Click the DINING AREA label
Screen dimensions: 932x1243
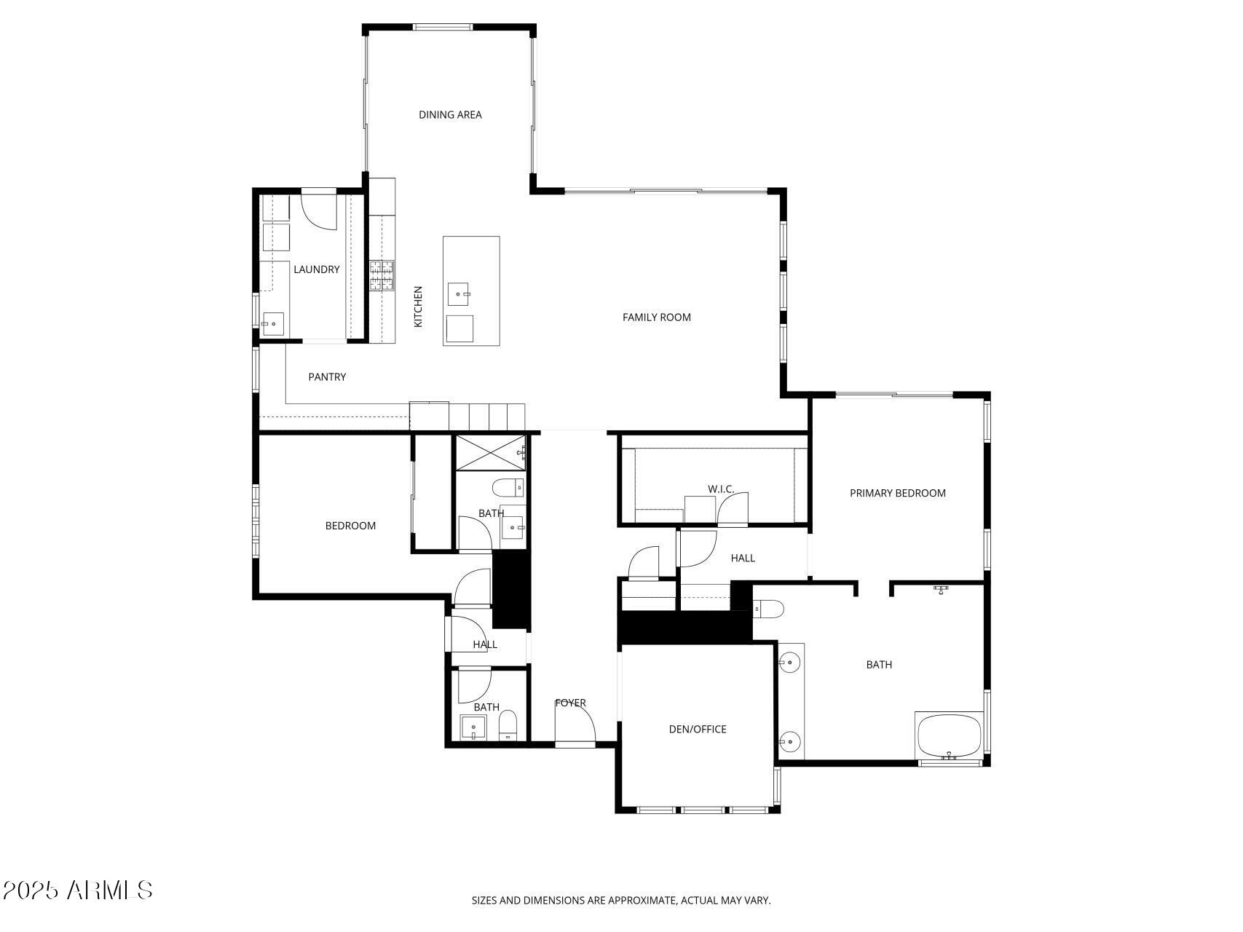point(450,114)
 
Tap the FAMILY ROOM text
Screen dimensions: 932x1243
point(656,317)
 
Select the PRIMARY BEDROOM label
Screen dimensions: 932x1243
point(897,493)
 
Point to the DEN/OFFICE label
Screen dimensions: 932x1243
point(697,729)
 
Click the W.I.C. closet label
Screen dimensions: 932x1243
point(720,489)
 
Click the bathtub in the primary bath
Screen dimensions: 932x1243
point(949,736)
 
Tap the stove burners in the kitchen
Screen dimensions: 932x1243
point(382,275)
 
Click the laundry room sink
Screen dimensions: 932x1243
point(274,323)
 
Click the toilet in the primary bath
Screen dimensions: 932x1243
point(767,608)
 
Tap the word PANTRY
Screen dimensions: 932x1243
point(327,376)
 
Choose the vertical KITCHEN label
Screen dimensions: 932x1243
point(418,306)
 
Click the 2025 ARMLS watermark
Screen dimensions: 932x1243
point(77,890)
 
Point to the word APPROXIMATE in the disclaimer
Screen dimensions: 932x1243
point(642,900)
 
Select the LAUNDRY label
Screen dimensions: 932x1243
point(316,269)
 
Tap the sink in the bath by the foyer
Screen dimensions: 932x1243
point(473,727)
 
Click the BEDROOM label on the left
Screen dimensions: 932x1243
point(350,526)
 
